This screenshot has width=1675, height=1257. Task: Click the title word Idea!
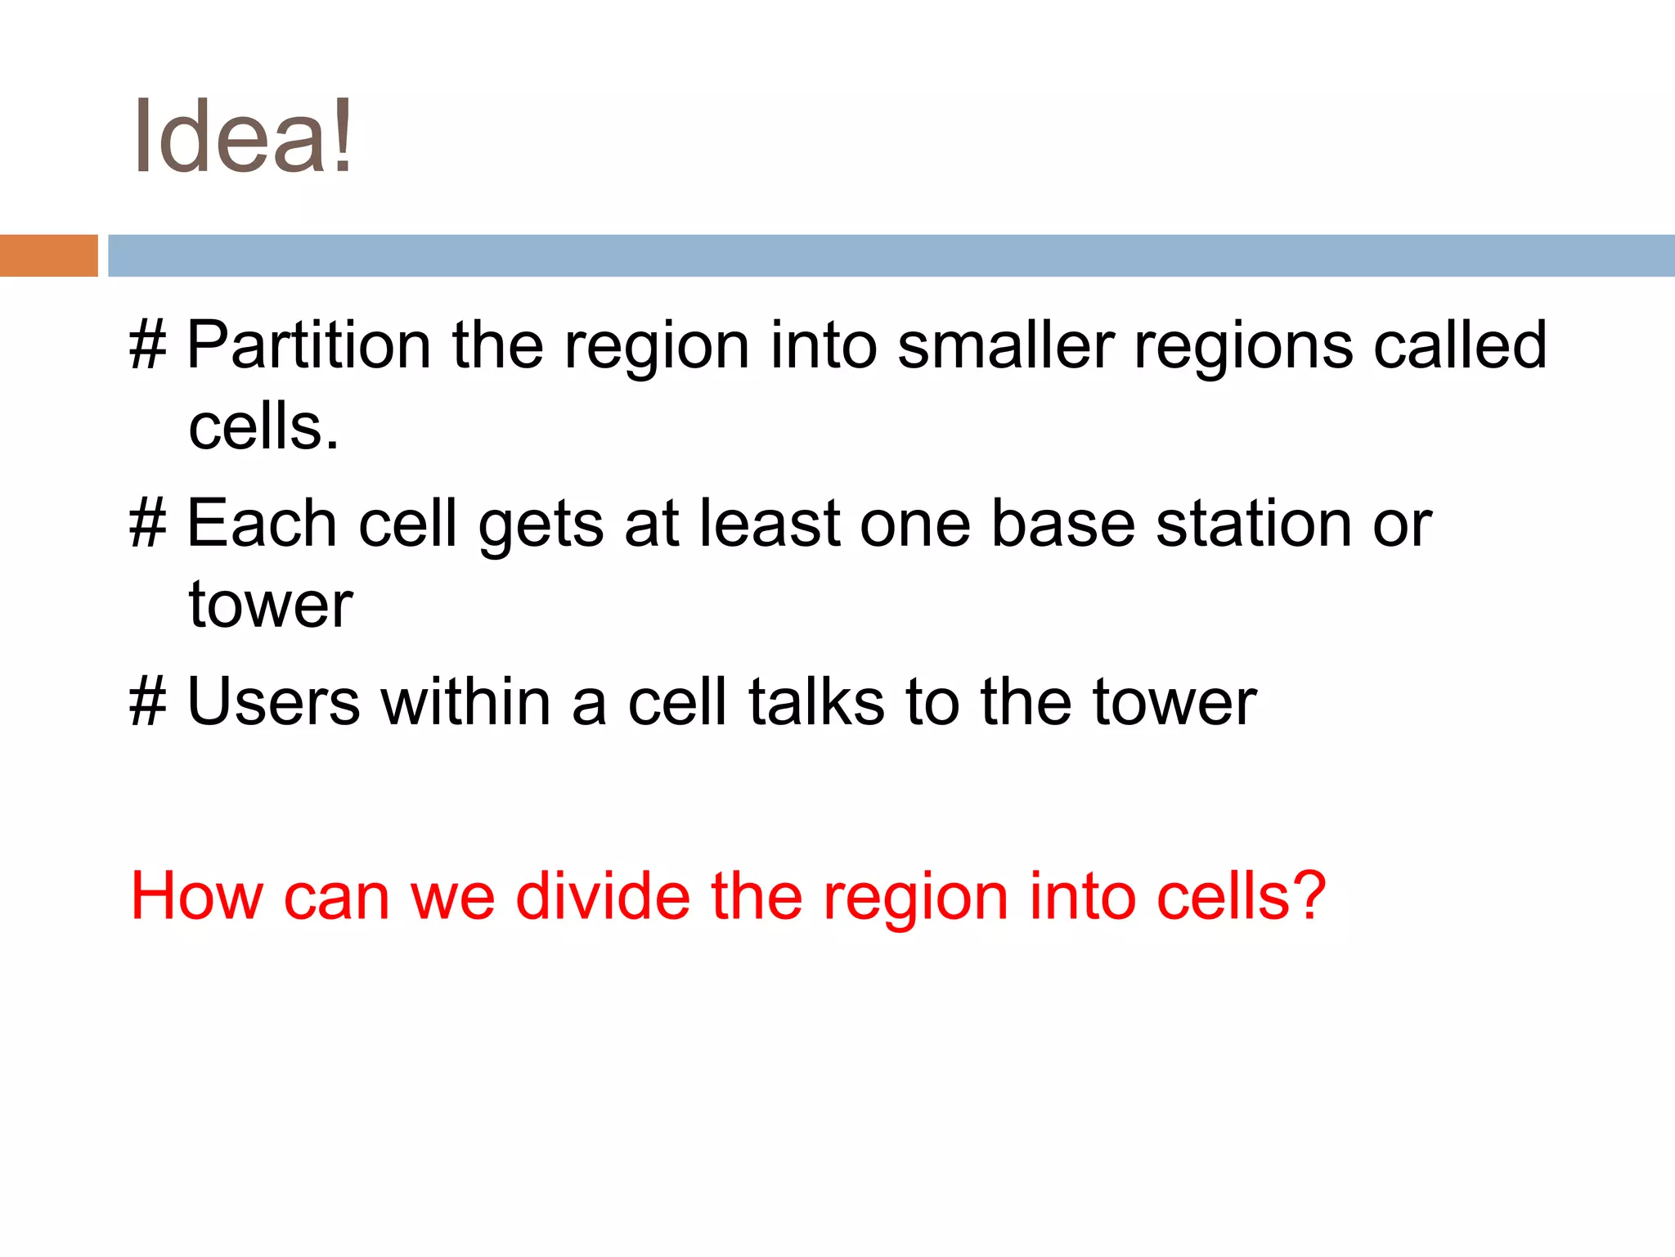point(243,137)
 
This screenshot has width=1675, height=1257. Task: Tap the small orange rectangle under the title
point(48,255)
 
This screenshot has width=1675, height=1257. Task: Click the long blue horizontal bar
point(891,255)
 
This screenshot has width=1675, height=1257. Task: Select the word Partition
point(308,345)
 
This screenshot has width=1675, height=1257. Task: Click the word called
point(1459,345)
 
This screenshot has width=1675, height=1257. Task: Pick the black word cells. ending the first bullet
point(263,427)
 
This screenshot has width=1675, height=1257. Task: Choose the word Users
point(273,702)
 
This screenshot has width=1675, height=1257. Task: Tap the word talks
point(816,702)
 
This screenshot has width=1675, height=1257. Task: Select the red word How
point(196,897)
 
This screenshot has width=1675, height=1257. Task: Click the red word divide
point(603,897)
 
